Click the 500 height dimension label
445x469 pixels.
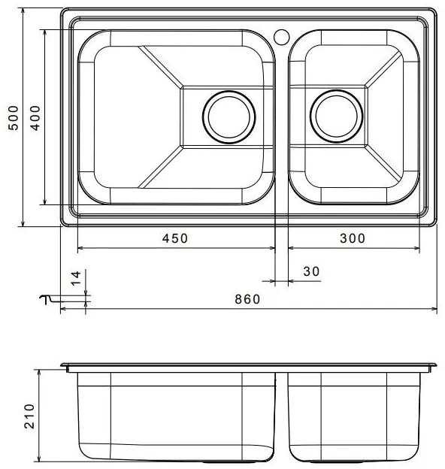click(x=13, y=117)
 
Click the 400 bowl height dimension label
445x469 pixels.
click(x=34, y=117)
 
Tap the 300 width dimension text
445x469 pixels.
click(x=351, y=238)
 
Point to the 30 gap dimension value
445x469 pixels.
click(x=311, y=271)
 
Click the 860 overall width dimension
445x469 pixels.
click(x=247, y=298)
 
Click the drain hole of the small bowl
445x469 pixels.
click(x=335, y=117)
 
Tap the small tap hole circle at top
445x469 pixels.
click(x=283, y=35)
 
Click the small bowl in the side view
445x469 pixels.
click(x=350, y=417)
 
